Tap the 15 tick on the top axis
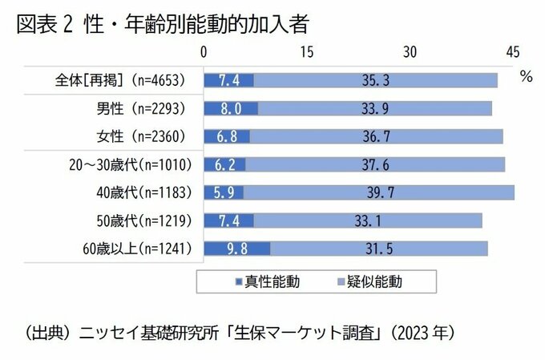(307, 52)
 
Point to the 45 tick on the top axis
(513, 52)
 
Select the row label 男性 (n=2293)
(133, 108)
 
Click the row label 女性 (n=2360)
(133, 136)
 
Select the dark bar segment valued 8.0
(231, 108)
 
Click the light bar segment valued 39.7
(380, 192)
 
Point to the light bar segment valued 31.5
(378, 249)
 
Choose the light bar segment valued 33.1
(368, 220)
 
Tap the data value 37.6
(375, 164)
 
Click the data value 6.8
(227, 136)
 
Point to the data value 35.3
(375, 80)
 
